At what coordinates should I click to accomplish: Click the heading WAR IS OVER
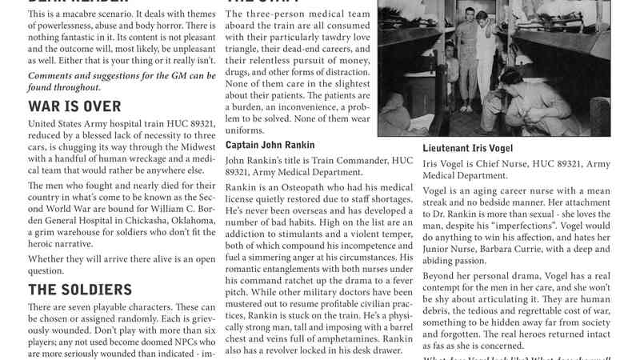[x=75, y=106]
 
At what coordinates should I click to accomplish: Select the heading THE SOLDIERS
[x=80, y=289]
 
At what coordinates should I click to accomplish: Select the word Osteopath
[x=303, y=186]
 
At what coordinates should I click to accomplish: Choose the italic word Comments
[x=54, y=75]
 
